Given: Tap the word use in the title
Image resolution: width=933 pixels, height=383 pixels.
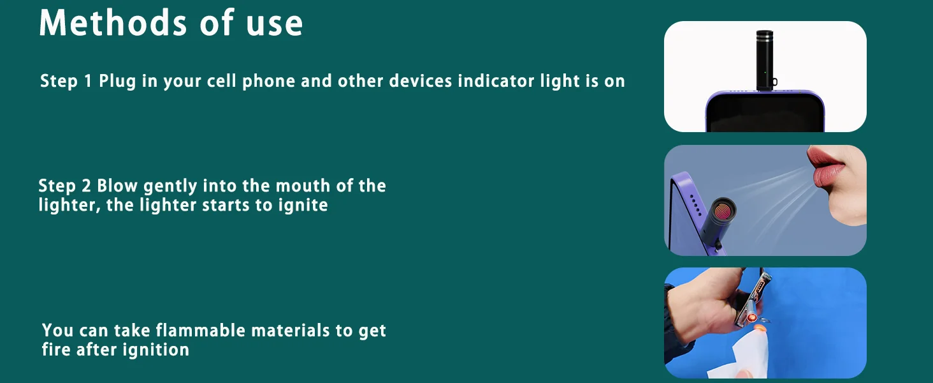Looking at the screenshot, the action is click(x=274, y=25).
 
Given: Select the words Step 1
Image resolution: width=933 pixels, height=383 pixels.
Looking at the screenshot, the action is click(x=66, y=80).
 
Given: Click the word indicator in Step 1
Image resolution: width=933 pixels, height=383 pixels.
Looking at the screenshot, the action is click(x=496, y=80).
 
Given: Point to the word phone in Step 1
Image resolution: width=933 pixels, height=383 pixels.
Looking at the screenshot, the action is click(x=269, y=82).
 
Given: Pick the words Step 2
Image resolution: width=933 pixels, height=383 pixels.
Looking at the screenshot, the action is click(x=64, y=186).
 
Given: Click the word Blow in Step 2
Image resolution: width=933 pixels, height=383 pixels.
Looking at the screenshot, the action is click(x=117, y=185).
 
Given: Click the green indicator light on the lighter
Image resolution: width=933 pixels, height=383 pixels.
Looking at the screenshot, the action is click(x=765, y=73).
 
